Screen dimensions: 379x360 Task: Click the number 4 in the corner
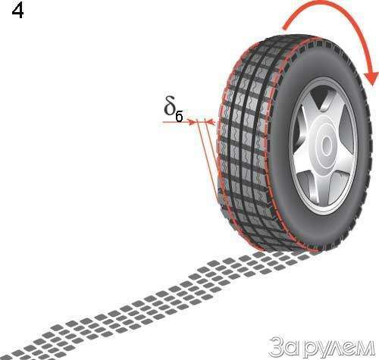coord(17,11)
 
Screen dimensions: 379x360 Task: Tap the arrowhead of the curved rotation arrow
coord(371,78)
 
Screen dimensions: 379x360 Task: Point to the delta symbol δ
coord(170,105)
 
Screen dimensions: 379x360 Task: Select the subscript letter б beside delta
coord(179,117)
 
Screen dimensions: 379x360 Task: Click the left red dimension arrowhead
coord(193,122)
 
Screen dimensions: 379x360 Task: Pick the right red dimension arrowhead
coord(209,122)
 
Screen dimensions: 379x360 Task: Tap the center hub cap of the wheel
coord(327,146)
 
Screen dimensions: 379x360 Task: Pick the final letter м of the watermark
coord(366,348)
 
